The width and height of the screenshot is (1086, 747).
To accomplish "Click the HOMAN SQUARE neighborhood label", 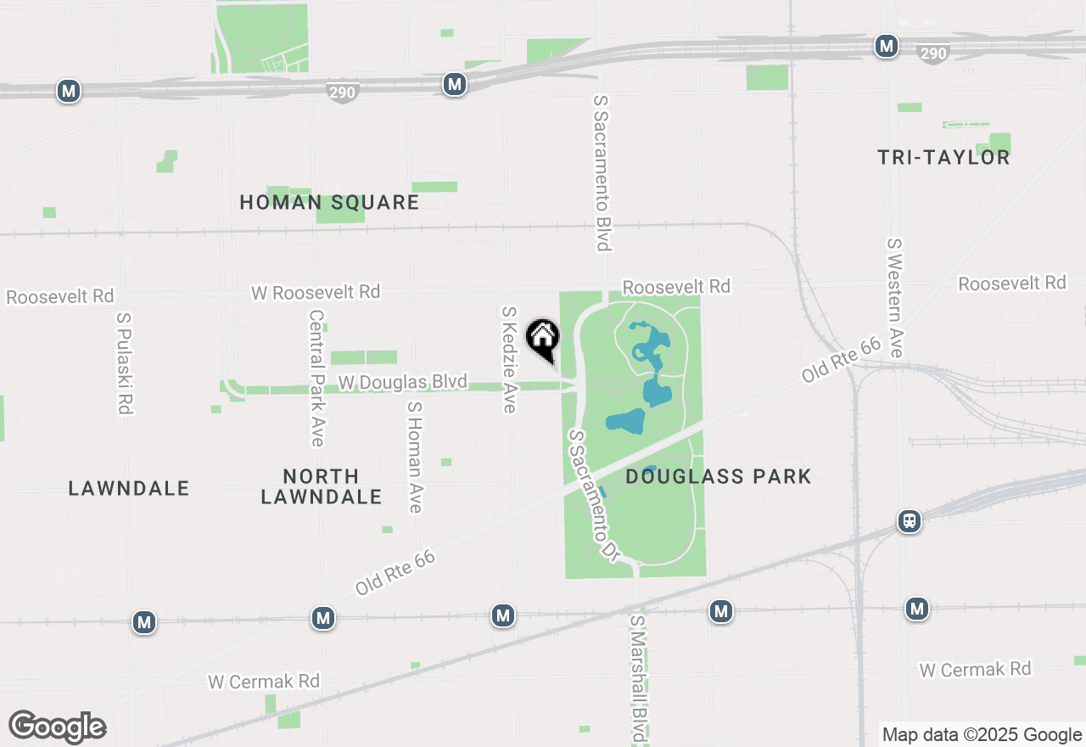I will click(x=329, y=202).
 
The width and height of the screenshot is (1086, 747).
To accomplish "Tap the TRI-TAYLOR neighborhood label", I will click(x=943, y=157).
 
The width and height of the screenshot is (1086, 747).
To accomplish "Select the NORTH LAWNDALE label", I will click(x=321, y=486).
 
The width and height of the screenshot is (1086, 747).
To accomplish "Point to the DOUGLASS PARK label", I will click(x=718, y=476).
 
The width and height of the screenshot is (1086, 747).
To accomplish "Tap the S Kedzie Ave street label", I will click(x=509, y=359).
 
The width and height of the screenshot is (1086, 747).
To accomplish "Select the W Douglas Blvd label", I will click(x=402, y=383).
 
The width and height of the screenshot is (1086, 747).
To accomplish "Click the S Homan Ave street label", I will click(x=415, y=457).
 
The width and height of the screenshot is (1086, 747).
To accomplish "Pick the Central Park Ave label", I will click(x=316, y=378).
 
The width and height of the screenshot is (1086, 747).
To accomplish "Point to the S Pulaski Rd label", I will click(x=124, y=363).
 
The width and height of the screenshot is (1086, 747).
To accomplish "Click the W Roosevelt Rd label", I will click(x=316, y=292).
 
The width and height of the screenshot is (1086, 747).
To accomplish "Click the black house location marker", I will click(x=543, y=339).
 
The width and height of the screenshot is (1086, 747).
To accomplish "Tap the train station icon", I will click(x=910, y=520).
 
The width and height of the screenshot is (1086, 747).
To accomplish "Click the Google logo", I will click(x=57, y=727).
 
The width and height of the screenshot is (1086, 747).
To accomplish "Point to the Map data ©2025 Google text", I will click(x=982, y=735).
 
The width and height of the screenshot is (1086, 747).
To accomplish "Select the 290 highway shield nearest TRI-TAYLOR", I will click(x=932, y=53).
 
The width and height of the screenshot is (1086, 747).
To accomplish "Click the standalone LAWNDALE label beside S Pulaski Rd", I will click(x=129, y=488).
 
